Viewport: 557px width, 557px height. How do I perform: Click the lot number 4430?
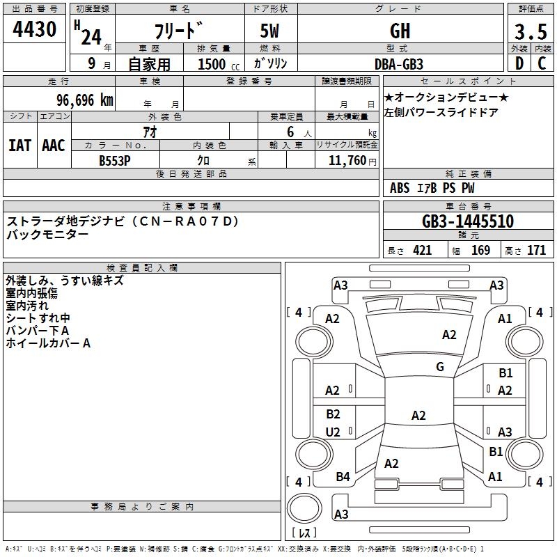34,30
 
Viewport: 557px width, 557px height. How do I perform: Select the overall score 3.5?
529,32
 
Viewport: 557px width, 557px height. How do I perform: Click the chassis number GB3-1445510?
468,222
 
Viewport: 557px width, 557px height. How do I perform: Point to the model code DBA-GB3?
399,64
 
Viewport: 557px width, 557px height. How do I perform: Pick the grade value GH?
400,31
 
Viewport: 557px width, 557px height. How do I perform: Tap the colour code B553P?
115,160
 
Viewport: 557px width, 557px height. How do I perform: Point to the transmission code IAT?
19,146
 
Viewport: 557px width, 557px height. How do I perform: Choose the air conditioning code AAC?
54,146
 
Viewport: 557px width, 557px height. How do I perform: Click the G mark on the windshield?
439,367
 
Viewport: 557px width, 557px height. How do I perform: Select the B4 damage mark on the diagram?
343,477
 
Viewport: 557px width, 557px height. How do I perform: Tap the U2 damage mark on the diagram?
333,432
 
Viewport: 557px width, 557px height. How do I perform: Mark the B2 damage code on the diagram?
333,414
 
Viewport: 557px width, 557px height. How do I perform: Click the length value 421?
422,251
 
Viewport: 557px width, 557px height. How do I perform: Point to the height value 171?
536,251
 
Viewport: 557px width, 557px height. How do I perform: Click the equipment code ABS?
400,188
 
